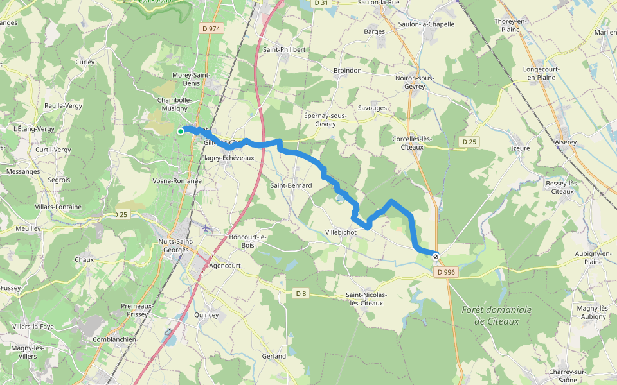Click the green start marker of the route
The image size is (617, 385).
(x=181, y=132)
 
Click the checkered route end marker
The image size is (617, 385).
(x=436, y=257)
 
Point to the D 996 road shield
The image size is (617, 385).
(x=445, y=272)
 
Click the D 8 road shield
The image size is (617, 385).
(x=300, y=293)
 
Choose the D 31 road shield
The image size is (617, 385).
(x=321, y=3)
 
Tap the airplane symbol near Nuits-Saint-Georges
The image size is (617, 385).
(x=206, y=228)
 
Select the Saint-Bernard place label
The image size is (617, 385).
(x=291, y=185)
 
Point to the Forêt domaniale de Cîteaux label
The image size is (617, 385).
(x=497, y=315)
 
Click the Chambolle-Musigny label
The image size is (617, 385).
(x=174, y=104)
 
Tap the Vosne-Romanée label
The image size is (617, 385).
(x=177, y=181)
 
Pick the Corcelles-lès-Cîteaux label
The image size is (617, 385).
(x=416, y=142)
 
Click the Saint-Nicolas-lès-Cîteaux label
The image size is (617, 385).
(x=365, y=298)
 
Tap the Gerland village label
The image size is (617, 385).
(x=274, y=356)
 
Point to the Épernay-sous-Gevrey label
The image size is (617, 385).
(x=325, y=120)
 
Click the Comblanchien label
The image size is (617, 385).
(x=114, y=339)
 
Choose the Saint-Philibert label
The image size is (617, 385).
(x=284, y=49)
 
